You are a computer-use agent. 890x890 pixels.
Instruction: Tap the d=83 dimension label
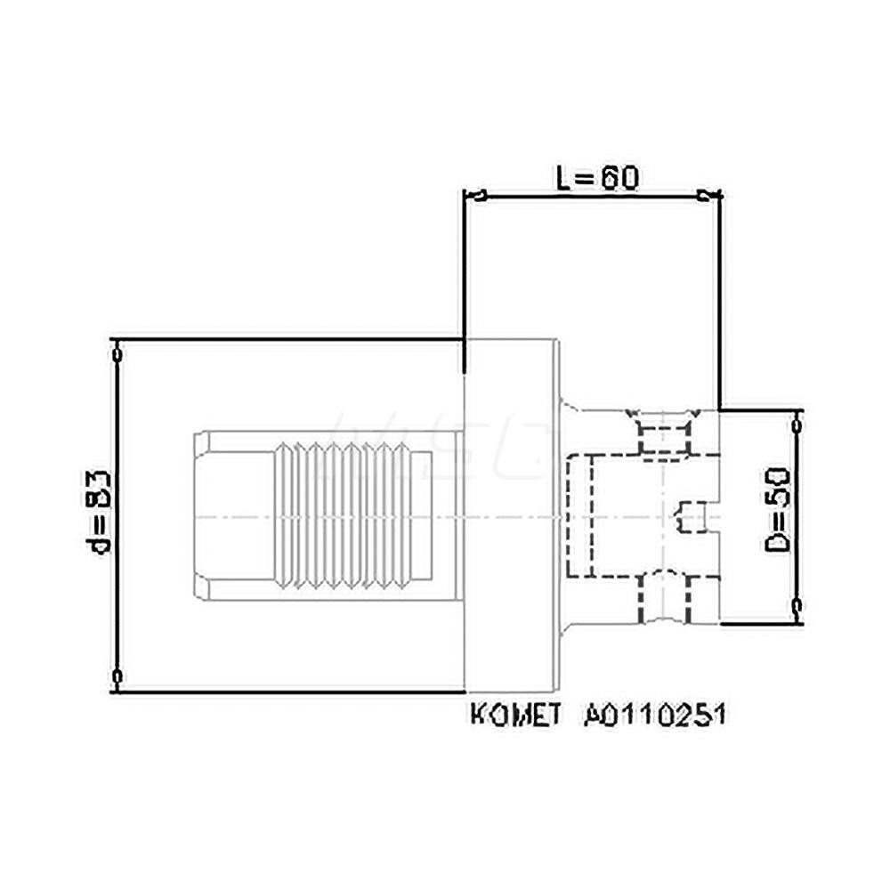100,511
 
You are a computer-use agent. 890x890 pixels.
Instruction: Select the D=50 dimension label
780,517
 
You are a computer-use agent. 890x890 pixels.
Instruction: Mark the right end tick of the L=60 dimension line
708,196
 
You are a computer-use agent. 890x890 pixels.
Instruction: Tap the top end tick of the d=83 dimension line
117,352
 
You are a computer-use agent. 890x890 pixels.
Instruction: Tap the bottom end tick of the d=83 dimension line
117,678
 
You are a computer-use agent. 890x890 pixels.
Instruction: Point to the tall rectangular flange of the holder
511,515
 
